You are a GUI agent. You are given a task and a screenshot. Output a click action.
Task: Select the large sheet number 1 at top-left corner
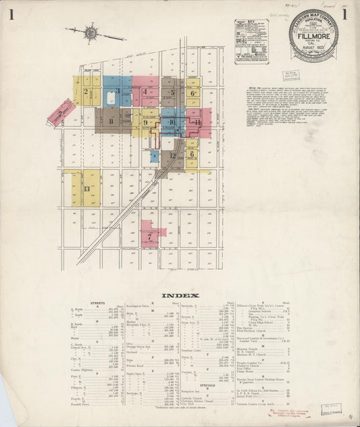[x=11, y=14]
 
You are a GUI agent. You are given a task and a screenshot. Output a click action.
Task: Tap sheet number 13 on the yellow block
[x=86, y=189]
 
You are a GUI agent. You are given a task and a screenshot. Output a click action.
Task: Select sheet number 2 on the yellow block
[x=86, y=92]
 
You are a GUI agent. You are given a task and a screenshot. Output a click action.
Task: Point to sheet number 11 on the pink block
[x=197, y=123]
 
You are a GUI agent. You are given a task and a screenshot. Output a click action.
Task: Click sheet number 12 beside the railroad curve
[x=173, y=155]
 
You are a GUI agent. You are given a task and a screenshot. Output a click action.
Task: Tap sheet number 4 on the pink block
[x=145, y=92]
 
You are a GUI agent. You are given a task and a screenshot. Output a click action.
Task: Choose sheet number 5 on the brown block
[x=172, y=93]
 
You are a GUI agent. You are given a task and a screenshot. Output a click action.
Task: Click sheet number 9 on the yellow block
[x=145, y=122]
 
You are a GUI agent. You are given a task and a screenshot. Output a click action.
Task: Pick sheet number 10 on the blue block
[x=172, y=122]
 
